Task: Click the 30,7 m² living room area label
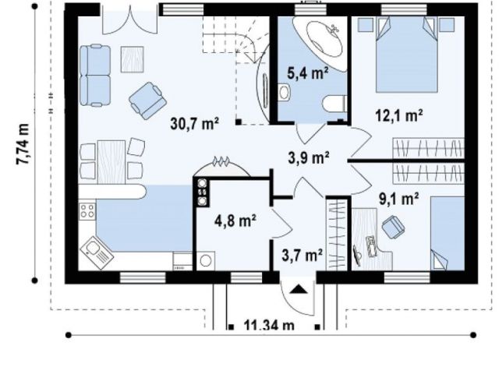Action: (194, 123)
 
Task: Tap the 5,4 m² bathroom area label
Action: (307, 72)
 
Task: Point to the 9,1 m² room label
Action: (398, 199)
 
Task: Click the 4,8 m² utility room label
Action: (235, 220)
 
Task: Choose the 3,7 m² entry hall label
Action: (302, 255)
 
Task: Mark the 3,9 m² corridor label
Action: (309, 157)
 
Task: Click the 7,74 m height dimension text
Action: (23, 144)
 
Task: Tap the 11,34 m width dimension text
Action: (269, 325)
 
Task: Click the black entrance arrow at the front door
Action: (298, 289)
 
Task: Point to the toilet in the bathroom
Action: (334, 104)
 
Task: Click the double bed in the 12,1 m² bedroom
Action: (406, 55)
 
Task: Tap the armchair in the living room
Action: (147, 101)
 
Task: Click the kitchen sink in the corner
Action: (97, 252)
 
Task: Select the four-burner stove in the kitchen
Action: (87, 210)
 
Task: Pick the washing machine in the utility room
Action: (206, 261)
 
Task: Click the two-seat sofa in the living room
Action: (95, 76)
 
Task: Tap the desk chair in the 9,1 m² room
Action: (393, 227)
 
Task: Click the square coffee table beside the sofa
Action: (132, 59)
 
